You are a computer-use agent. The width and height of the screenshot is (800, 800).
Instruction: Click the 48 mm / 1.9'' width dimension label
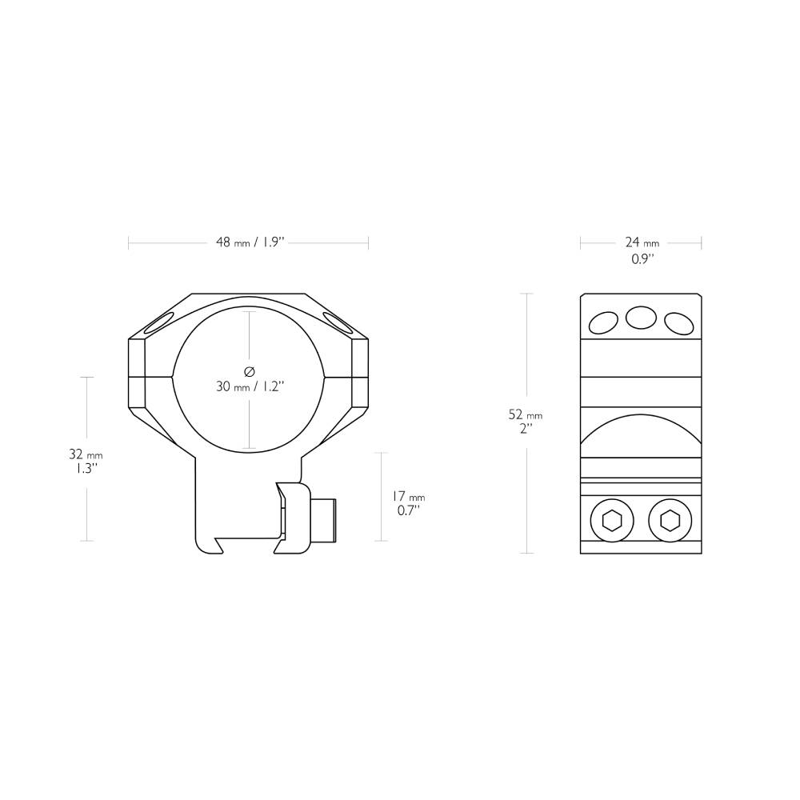250,242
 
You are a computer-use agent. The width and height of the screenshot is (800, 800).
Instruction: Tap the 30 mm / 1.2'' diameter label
250,386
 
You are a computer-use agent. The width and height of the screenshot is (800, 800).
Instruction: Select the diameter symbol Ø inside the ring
249,371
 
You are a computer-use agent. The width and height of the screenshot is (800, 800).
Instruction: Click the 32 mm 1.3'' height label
86,461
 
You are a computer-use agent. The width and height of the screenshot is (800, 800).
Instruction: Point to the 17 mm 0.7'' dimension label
408,503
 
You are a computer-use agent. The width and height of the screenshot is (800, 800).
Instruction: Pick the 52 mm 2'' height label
525,421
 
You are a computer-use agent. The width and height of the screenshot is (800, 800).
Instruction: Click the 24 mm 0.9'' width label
642,250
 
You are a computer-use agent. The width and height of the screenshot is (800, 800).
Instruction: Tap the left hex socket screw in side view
611,522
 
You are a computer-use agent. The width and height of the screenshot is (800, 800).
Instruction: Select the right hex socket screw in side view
670,522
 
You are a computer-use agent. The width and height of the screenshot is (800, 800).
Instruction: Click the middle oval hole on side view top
641,318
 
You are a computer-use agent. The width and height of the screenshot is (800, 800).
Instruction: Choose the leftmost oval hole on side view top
603,322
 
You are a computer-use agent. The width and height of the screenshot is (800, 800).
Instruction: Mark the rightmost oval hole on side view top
678,323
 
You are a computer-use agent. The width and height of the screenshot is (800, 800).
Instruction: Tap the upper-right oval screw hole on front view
337,323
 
